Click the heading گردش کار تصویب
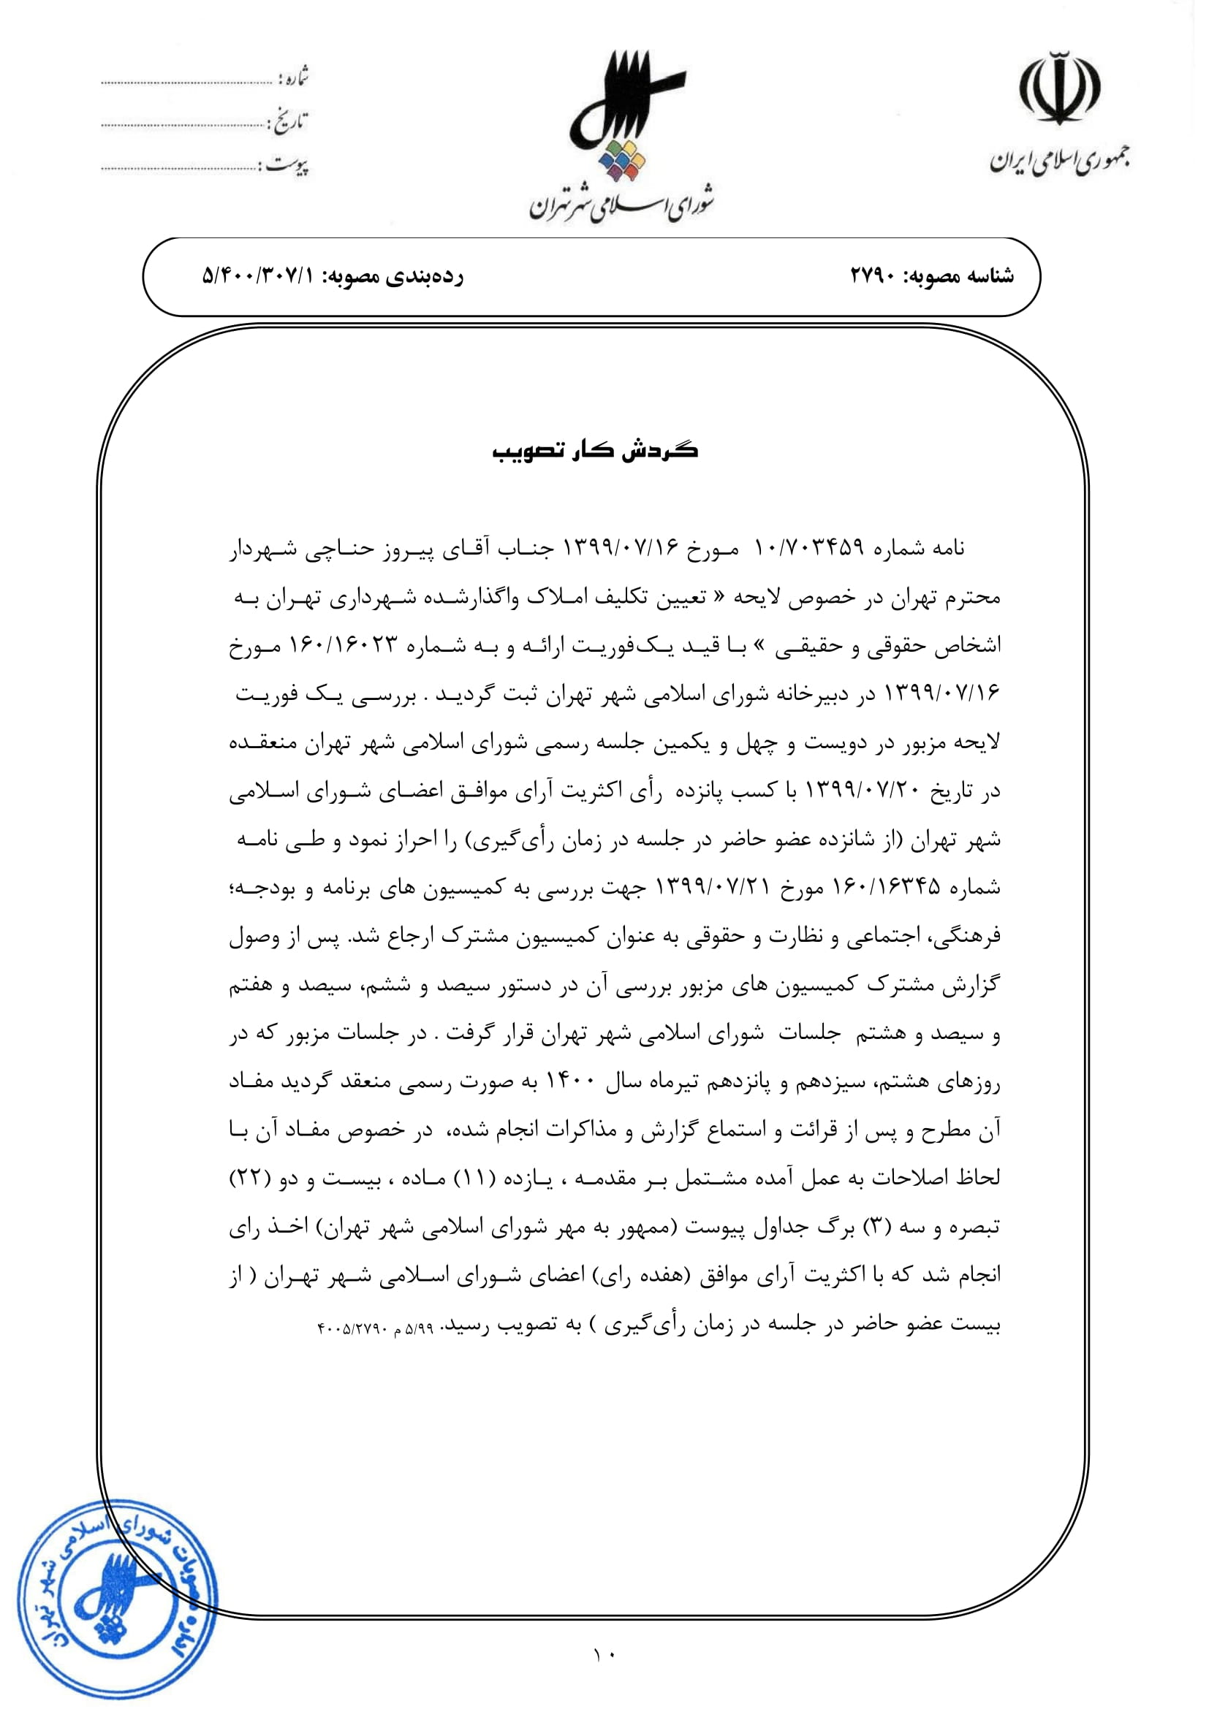595,451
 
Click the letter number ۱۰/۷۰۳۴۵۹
808,549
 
